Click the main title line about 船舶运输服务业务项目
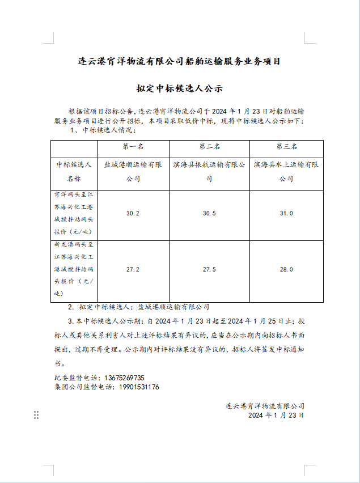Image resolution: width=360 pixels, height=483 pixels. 179,61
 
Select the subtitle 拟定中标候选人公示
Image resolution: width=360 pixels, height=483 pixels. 179,89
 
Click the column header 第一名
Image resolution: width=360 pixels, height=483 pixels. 133,147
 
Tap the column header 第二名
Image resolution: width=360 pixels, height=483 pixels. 209,147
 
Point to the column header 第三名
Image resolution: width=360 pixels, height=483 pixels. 286,147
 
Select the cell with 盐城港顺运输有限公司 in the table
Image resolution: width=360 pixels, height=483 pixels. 133,172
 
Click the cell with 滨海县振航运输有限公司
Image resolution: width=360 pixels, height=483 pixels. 209,172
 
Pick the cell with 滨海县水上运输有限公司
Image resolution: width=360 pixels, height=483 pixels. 286,172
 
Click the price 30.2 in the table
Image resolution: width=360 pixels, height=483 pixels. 133,213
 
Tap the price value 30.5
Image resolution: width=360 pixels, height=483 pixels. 209,213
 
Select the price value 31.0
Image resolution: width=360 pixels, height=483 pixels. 286,213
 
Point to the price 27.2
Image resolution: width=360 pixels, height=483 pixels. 133,269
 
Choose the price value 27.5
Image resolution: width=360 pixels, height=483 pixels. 209,269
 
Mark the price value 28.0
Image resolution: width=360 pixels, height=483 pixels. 286,269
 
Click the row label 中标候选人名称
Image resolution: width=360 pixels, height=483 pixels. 74,172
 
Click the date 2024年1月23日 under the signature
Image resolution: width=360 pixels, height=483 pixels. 276,416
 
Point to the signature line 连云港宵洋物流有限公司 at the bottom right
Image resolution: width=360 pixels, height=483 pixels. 265,406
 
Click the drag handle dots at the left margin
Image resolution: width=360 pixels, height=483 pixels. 36,415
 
